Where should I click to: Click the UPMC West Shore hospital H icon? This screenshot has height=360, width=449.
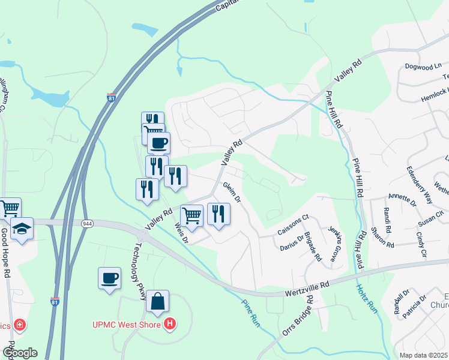[170, 325]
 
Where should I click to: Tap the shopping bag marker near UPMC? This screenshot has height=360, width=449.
[157, 302]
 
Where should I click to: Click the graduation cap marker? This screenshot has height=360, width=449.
[22, 229]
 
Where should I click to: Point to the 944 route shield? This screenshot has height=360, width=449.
[88, 223]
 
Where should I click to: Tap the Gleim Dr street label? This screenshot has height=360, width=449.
[232, 192]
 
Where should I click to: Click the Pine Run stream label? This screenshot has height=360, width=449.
[252, 313]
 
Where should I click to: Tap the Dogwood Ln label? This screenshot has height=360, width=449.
[423, 67]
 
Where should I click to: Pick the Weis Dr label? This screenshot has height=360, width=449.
[181, 231]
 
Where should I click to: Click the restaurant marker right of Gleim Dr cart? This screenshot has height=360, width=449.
[218, 214]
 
